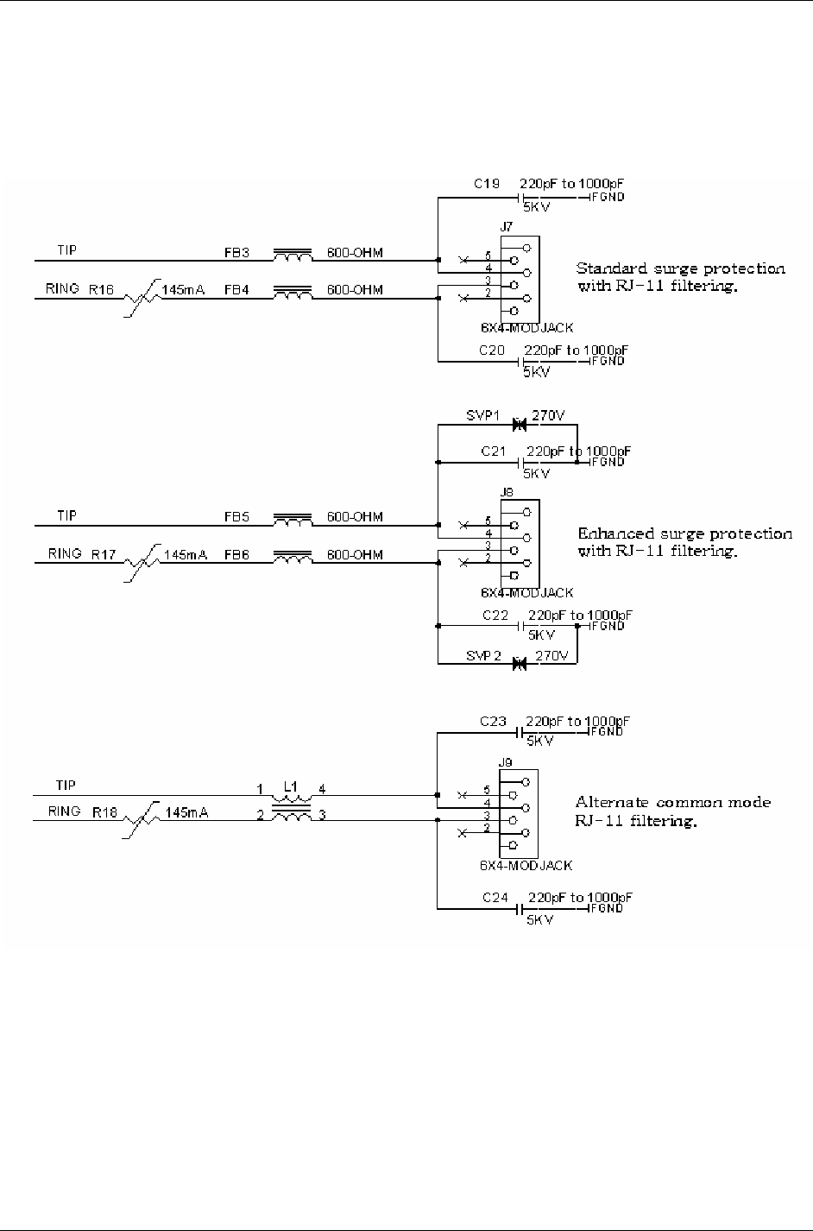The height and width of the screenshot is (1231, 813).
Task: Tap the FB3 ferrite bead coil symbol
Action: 293,255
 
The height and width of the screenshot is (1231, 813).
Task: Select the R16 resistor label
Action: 100,290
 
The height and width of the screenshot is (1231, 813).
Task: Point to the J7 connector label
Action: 506,227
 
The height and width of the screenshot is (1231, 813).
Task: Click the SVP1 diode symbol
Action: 519,425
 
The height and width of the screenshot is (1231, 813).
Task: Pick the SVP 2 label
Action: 484,656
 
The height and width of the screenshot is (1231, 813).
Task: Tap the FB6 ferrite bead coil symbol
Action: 293,558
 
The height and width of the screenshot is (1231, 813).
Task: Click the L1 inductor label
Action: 290,787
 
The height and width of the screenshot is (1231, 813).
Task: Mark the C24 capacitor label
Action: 495,898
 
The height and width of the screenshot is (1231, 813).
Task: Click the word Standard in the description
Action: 608,268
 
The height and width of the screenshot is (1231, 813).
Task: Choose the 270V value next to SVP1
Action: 550,416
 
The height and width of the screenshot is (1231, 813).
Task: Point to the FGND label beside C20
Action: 609,361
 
